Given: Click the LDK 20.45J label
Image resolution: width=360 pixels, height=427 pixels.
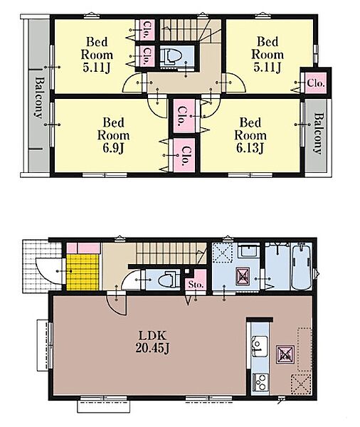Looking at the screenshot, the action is point(152,342).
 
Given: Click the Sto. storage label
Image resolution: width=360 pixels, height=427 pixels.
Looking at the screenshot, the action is point(196,285).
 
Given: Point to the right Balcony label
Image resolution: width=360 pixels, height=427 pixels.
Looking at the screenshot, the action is point(318,134).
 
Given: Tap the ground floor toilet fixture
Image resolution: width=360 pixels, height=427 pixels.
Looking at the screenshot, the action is point(168,280).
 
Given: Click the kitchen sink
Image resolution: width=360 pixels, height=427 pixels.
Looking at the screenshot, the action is point(259,346).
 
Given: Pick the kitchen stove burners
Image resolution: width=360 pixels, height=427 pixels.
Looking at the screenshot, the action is point(260,381).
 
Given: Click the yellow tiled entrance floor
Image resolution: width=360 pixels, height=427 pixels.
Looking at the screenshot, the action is point(83,272).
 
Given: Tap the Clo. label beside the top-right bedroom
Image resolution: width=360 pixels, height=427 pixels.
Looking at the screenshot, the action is point(316,83).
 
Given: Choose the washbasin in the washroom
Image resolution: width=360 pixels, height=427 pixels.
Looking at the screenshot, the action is point(249,251).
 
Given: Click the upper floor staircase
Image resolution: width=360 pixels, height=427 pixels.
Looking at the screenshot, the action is point(185,30).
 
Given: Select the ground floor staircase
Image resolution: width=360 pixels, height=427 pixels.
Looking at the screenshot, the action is point(171,253).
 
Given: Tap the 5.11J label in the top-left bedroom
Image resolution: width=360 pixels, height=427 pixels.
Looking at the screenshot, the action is point(97,68).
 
